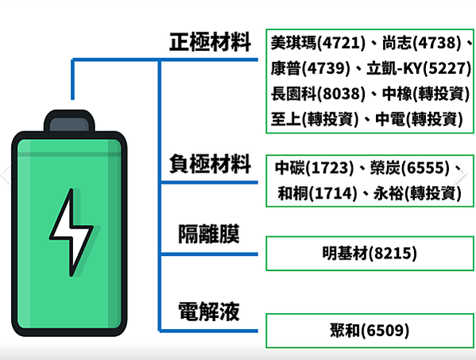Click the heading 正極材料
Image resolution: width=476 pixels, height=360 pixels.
[x=210, y=42]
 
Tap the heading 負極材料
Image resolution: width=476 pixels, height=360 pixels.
[x=210, y=164]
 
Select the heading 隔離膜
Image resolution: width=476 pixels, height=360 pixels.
[x=209, y=234]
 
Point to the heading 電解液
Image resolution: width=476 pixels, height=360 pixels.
[x=209, y=312]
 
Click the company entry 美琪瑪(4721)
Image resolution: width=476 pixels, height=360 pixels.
[x=318, y=43]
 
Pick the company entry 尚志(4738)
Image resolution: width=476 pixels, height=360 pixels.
[x=422, y=43]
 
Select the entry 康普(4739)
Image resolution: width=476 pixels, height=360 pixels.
[x=311, y=68]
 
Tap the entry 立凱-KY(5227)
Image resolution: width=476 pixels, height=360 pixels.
[x=419, y=68]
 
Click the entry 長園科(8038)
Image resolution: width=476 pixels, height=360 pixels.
[x=318, y=93]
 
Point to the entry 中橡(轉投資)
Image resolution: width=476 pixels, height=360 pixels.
[x=426, y=93]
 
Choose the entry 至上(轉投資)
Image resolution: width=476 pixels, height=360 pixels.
[x=315, y=118]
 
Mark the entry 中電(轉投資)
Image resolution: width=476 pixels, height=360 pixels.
[x=420, y=118]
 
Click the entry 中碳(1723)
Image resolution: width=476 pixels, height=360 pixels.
[x=315, y=168]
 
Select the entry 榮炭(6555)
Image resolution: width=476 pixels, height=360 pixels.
[x=410, y=168]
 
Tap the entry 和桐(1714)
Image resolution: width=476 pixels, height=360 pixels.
[x=318, y=193]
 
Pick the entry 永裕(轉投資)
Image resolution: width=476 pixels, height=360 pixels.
[x=417, y=193]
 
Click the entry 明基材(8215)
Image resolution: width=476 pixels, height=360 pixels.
[x=370, y=254]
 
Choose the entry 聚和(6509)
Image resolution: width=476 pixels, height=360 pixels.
[x=370, y=331]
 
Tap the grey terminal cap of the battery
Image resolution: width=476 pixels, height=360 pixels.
[x=69, y=124]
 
